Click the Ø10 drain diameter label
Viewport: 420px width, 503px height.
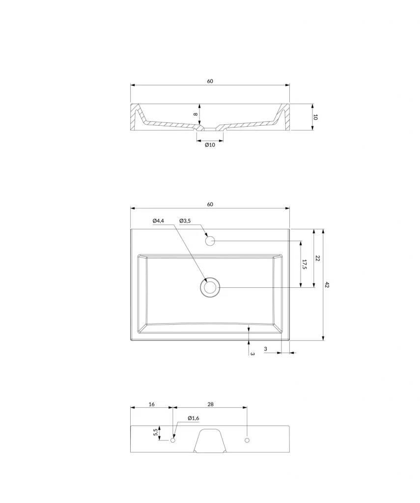[210, 145]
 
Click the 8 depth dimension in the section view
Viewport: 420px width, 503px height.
[195, 114]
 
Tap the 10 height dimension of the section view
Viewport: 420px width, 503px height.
[315, 117]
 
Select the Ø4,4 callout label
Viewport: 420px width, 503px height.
[158, 221]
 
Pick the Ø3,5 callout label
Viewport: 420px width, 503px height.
[185, 221]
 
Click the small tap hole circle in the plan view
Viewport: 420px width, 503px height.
[210, 241]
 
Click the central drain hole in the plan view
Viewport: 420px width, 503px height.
[210, 287]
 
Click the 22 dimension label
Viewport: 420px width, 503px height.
[318, 258]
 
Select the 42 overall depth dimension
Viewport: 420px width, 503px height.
[327, 284]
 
